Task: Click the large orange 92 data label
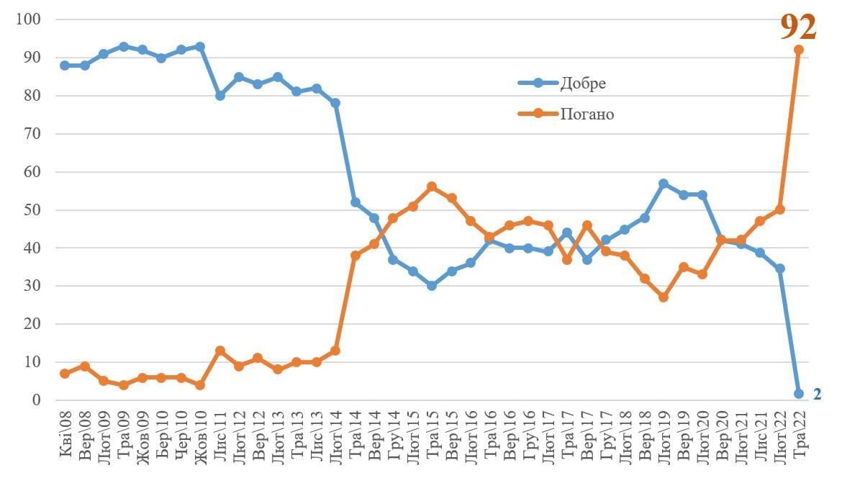798,27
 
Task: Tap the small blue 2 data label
817,394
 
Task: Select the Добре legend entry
583,83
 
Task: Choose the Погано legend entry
587,114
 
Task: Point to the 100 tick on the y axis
27,19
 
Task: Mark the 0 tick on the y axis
35,400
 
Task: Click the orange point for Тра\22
799,50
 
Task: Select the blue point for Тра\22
799,394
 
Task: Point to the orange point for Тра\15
432,186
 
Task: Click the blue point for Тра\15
432,286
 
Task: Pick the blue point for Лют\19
664,184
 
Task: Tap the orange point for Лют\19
664,297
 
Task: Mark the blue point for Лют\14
335,103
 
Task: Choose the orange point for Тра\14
355,256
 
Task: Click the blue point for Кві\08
65,66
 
